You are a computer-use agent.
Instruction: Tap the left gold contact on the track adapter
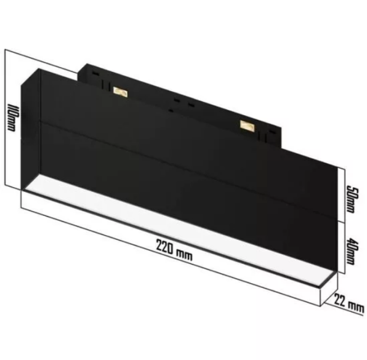point(120,91)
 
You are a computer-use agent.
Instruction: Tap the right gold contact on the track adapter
point(246,124)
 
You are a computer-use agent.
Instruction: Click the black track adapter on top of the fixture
point(180,96)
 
